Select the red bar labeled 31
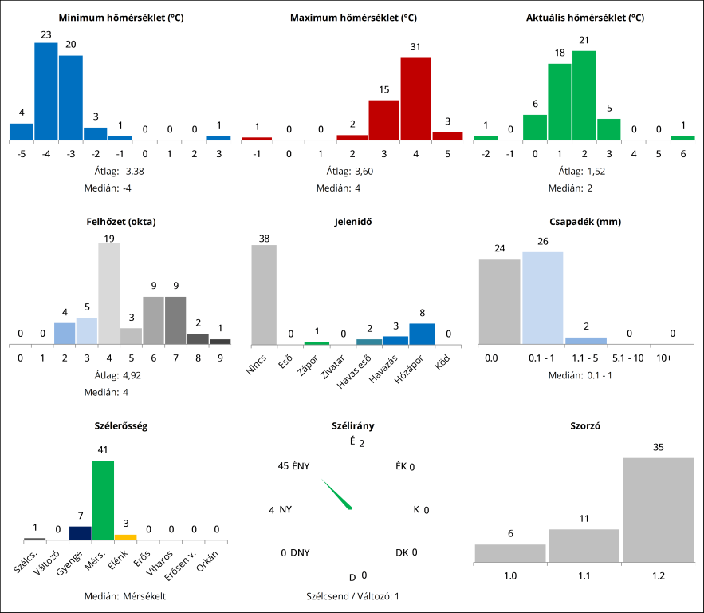tap(415, 99)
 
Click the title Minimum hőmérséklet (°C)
tap(121, 18)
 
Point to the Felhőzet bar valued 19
tap(109, 294)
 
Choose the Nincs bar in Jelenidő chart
tap(264, 295)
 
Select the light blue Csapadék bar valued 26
tap(543, 298)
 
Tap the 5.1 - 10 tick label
tap(628, 358)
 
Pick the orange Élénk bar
tap(125, 537)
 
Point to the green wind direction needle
tap(337, 494)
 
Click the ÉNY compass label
tap(301, 466)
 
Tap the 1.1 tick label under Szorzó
tap(584, 574)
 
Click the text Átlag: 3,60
tap(352, 171)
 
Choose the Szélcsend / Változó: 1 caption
tap(352, 595)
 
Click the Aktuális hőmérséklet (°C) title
tap(585, 18)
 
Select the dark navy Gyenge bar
tap(81, 533)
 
